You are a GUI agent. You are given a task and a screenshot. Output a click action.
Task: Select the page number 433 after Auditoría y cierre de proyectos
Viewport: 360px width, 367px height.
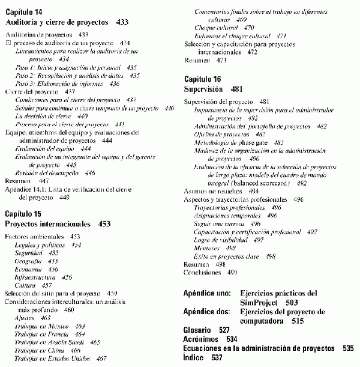122,22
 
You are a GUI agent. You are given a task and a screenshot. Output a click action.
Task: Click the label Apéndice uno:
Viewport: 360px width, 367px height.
206,293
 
